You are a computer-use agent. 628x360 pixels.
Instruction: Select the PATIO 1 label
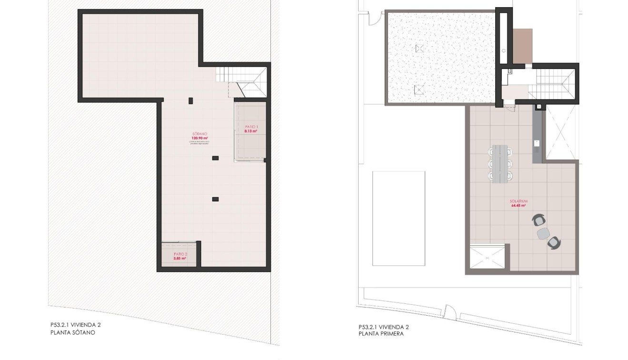250,127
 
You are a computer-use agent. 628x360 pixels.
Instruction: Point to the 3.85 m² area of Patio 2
180,258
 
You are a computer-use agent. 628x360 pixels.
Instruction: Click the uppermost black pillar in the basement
191,100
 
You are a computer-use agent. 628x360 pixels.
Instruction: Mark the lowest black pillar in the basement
215,199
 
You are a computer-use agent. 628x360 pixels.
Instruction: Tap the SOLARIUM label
518,201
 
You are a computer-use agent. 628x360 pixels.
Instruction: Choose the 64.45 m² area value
518,206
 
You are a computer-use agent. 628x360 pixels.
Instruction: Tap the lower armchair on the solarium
553,243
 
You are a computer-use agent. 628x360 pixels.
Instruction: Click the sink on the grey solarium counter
536,142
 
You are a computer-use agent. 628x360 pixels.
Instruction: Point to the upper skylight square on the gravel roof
419,48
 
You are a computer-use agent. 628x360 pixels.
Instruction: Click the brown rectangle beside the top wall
522,45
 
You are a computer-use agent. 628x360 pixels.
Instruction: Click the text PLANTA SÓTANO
73,333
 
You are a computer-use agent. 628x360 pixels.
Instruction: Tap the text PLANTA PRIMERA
381,334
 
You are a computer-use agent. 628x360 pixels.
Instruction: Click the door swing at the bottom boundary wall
449,311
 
